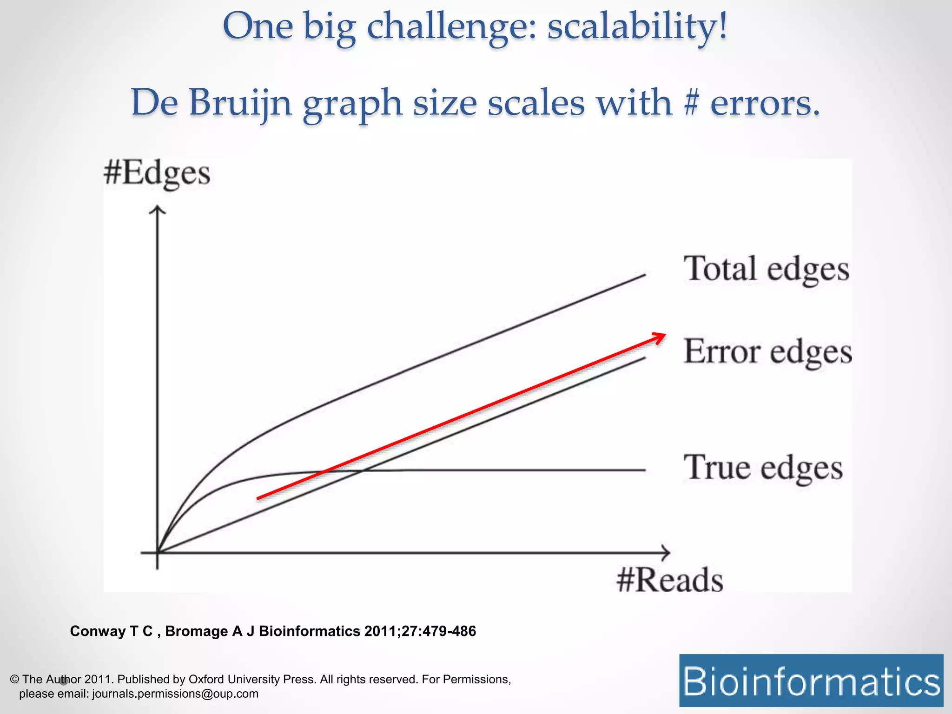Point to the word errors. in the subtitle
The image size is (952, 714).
click(765, 103)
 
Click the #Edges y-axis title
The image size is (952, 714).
click(157, 174)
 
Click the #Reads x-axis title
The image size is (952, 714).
click(670, 580)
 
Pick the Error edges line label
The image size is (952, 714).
click(767, 352)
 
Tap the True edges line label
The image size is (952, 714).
click(763, 468)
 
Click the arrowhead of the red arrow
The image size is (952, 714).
click(660, 337)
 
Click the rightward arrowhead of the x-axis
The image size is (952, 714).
click(666, 553)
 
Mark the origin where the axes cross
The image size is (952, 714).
click(158, 553)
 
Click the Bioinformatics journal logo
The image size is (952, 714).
click(811, 681)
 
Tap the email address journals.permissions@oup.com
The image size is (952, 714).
click(175, 694)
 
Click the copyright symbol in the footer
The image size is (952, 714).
click(14, 680)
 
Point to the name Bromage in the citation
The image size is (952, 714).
click(195, 631)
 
